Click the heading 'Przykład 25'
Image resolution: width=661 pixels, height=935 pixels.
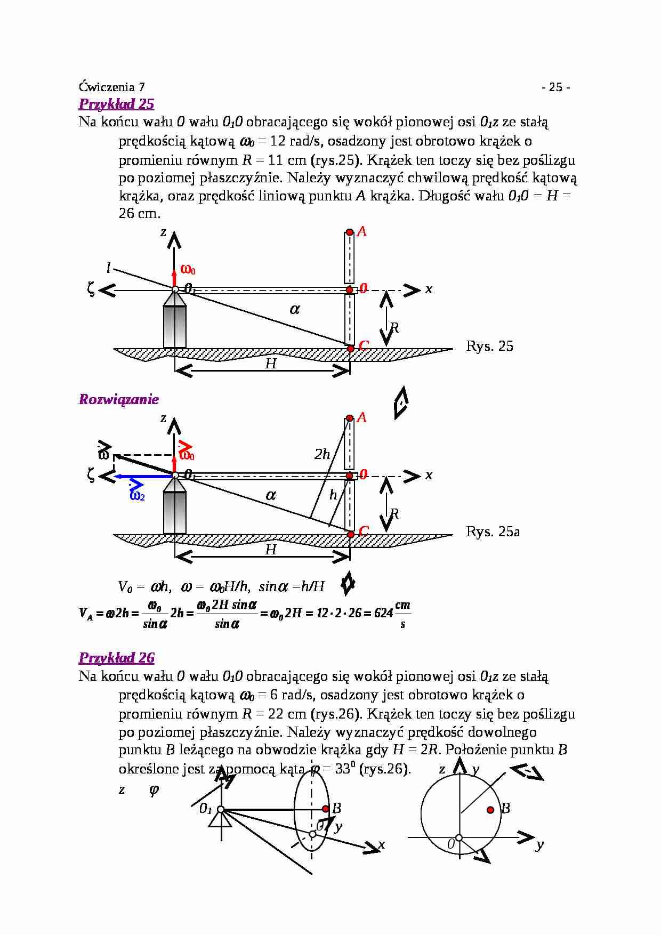click(116, 104)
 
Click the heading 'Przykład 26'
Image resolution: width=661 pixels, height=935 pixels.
click(116, 658)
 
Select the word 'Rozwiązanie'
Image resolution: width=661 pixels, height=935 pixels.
click(118, 399)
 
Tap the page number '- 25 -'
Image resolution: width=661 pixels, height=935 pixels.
click(555, 87)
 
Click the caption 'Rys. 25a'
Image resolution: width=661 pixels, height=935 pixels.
click(493, 531)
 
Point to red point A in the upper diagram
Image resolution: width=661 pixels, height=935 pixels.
click(350, 232)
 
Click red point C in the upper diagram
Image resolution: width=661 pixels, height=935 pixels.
click(351, 349)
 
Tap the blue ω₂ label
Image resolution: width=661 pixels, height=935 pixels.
click(137, 496)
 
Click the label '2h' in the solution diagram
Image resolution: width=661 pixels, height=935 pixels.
click(322, 454)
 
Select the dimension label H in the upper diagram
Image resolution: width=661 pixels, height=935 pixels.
click(271, 364)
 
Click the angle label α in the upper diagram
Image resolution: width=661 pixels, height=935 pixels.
click(295, 309)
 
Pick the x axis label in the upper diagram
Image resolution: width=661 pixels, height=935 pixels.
click(429, 289)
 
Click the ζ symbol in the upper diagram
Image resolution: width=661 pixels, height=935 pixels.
click(91, 289)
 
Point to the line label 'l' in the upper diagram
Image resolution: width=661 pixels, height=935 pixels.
click(108, 268)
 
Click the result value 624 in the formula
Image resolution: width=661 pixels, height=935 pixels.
click(383, 614)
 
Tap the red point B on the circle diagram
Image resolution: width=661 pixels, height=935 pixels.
click(490, 810)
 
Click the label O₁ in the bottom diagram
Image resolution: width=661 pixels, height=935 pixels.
click(205, 809)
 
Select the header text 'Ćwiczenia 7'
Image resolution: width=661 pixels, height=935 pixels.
click(111, 87)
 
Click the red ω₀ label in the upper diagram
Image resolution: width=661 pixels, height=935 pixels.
click(188, 270)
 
